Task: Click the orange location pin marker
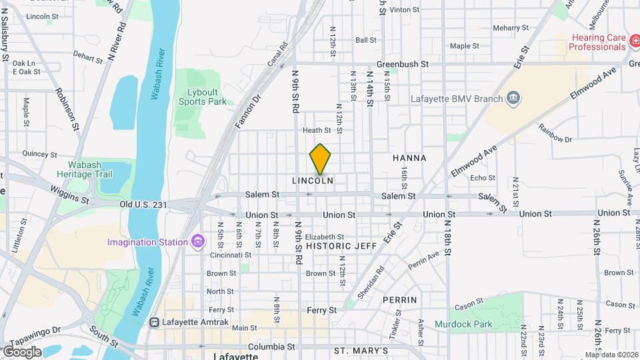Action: pos(321,159)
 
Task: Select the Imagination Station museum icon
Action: pos(197,241)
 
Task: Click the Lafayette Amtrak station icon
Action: pos(155,322)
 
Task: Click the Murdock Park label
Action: pos(463,325)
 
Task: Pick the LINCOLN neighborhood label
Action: pos(313,181)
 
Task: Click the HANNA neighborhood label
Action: pos(409,158)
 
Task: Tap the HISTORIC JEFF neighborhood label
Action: pos(341,246)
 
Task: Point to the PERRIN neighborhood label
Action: pos(400,300)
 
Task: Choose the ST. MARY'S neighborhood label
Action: pos(361,351)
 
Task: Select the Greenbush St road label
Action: pos(401,65)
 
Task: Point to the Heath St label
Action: pos(317,131)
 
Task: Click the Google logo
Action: pos(22,351)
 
